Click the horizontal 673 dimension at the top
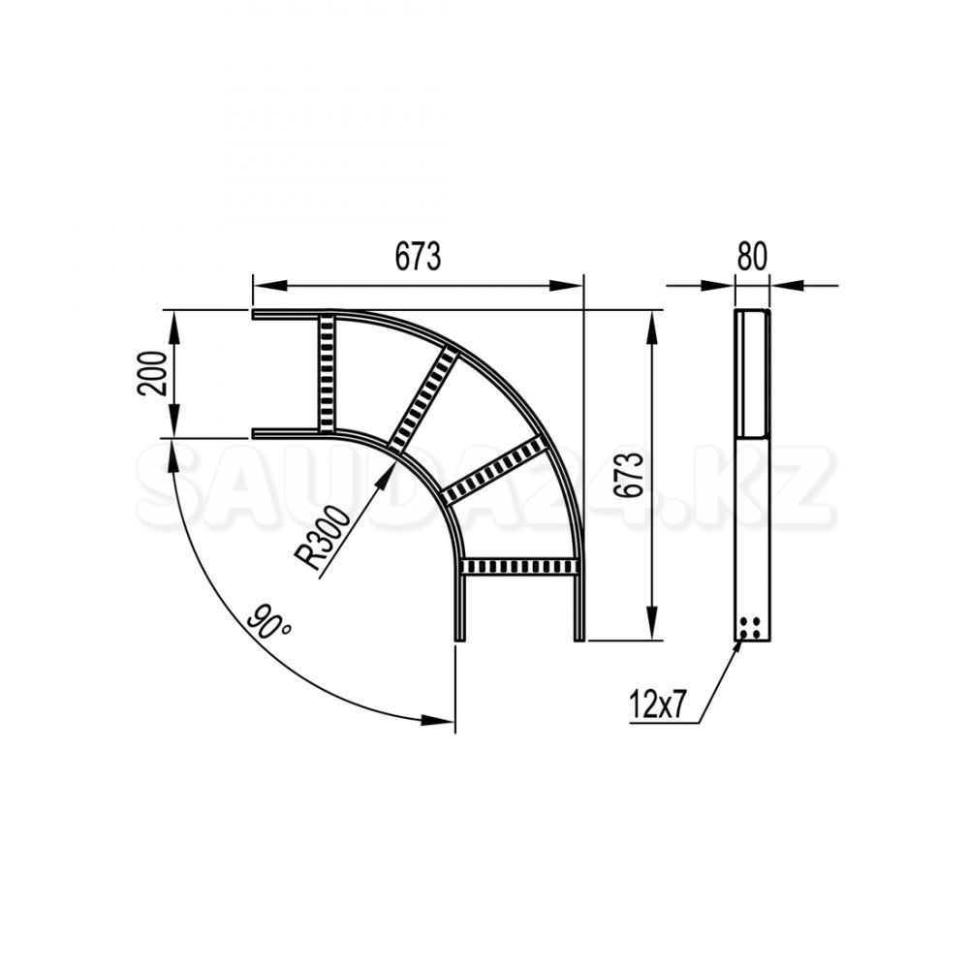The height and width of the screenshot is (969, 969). click(x=418, y=257)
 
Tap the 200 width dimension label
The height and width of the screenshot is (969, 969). click(x=153, y=373)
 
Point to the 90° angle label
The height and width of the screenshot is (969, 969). click(x=269, y=622)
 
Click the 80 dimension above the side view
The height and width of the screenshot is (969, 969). click(x=752, y=257)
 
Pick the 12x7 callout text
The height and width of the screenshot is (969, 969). click(x=657, y=705)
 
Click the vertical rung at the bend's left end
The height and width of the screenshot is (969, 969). click(x=328, y=373)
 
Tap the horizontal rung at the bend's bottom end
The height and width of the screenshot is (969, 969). click(x=519, y=566)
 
